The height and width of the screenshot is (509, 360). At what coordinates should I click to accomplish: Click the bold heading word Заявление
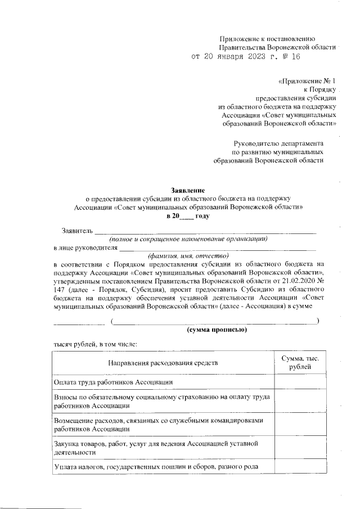pos(188,190)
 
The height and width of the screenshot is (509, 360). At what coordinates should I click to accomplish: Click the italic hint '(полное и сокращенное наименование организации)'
pos(188,238)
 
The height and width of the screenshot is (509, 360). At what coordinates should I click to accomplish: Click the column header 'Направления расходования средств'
pos(163,363)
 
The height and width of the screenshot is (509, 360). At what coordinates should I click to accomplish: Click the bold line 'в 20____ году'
pos(188,215)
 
